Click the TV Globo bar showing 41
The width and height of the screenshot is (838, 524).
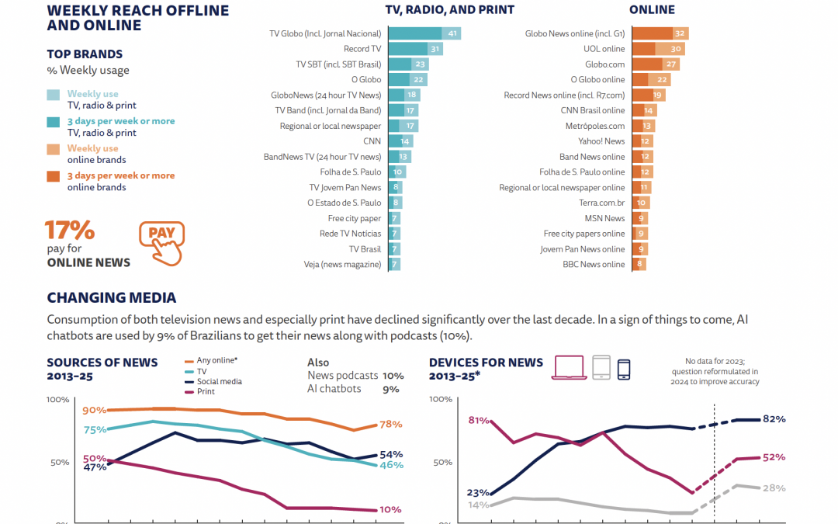click(x=424, y=33)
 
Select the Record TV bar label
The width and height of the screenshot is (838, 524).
click(x=362, y=49)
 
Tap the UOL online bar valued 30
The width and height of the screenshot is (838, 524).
click(x=658, y=49)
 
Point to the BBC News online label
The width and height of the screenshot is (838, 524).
click(x=594, y=264)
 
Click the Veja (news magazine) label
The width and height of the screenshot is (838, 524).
click(x=342, y=264)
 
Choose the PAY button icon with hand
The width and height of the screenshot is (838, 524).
click(x=162, y=240)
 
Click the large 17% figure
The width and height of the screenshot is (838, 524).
click(x=70, y=231)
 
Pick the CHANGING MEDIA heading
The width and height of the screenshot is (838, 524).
click(x=111, y=297)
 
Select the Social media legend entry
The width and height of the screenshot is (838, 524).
click(x=219, y=381)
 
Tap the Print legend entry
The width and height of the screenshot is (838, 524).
click(x=206, y=391)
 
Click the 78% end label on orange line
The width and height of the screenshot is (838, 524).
click(x=391, y=424)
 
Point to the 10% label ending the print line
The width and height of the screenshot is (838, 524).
click(x=390, y=510)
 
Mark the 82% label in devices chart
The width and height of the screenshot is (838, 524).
click(x=774, y=419)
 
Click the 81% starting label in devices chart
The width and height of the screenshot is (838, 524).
click(x=479, y=420)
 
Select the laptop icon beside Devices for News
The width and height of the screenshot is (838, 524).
click(x=569, y=367)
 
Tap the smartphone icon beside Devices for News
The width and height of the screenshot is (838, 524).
click(x=624, y=368)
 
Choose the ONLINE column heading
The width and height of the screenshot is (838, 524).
click(x=652, y=10)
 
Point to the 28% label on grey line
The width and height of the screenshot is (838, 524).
click(x=774, y=488)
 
